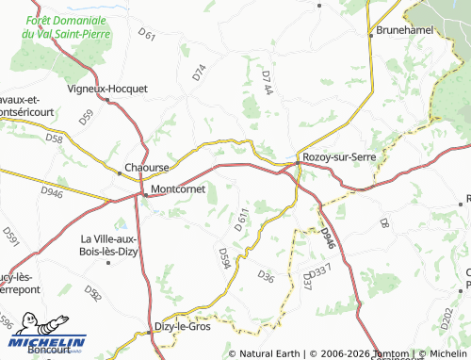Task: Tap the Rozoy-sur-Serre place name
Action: click(332, 157)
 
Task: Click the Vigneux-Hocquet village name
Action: click(108, 89)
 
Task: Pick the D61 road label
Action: click(146, 36)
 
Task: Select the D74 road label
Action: click(198, 72)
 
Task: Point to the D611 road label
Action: click(240, 219)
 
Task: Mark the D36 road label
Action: click(266, 277)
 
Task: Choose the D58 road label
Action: click(54, 139)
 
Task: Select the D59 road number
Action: click(87, 119)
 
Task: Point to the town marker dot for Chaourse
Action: click(120, 172)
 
